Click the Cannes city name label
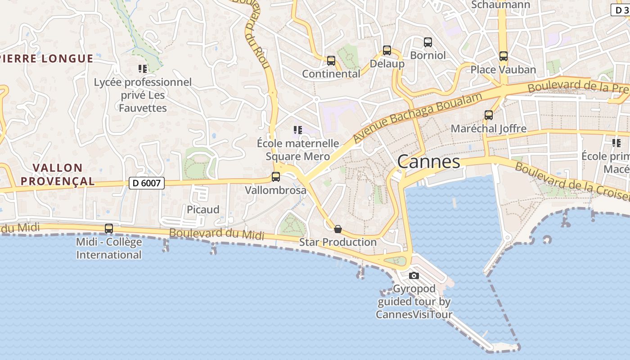click(x=428, y=162)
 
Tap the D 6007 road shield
click(x=146, y=183)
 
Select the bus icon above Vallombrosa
click(x=276, y=177)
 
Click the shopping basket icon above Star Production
click(x=338, y=229)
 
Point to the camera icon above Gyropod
click(x=414, y=275)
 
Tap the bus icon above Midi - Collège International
click(x=109, y=228)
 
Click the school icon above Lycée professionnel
click(x=143, y=69)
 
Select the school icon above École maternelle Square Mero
click(x=297, y=130)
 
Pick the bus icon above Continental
click(x=331, y=60)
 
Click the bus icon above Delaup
click(x=387, y=50)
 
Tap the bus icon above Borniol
click(x=428, y=42)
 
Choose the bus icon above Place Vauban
click(x=504, y=56)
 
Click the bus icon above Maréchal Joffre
click(x=489, y=115)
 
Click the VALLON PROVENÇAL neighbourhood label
click(x=64, y=175)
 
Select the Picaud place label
click(x=203, y=210)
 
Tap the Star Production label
click(x=338, y=242)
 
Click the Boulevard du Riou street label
click(x=256, y=34)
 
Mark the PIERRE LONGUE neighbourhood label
click(x=47, y=58)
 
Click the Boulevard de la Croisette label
click(x=571, y=182)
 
